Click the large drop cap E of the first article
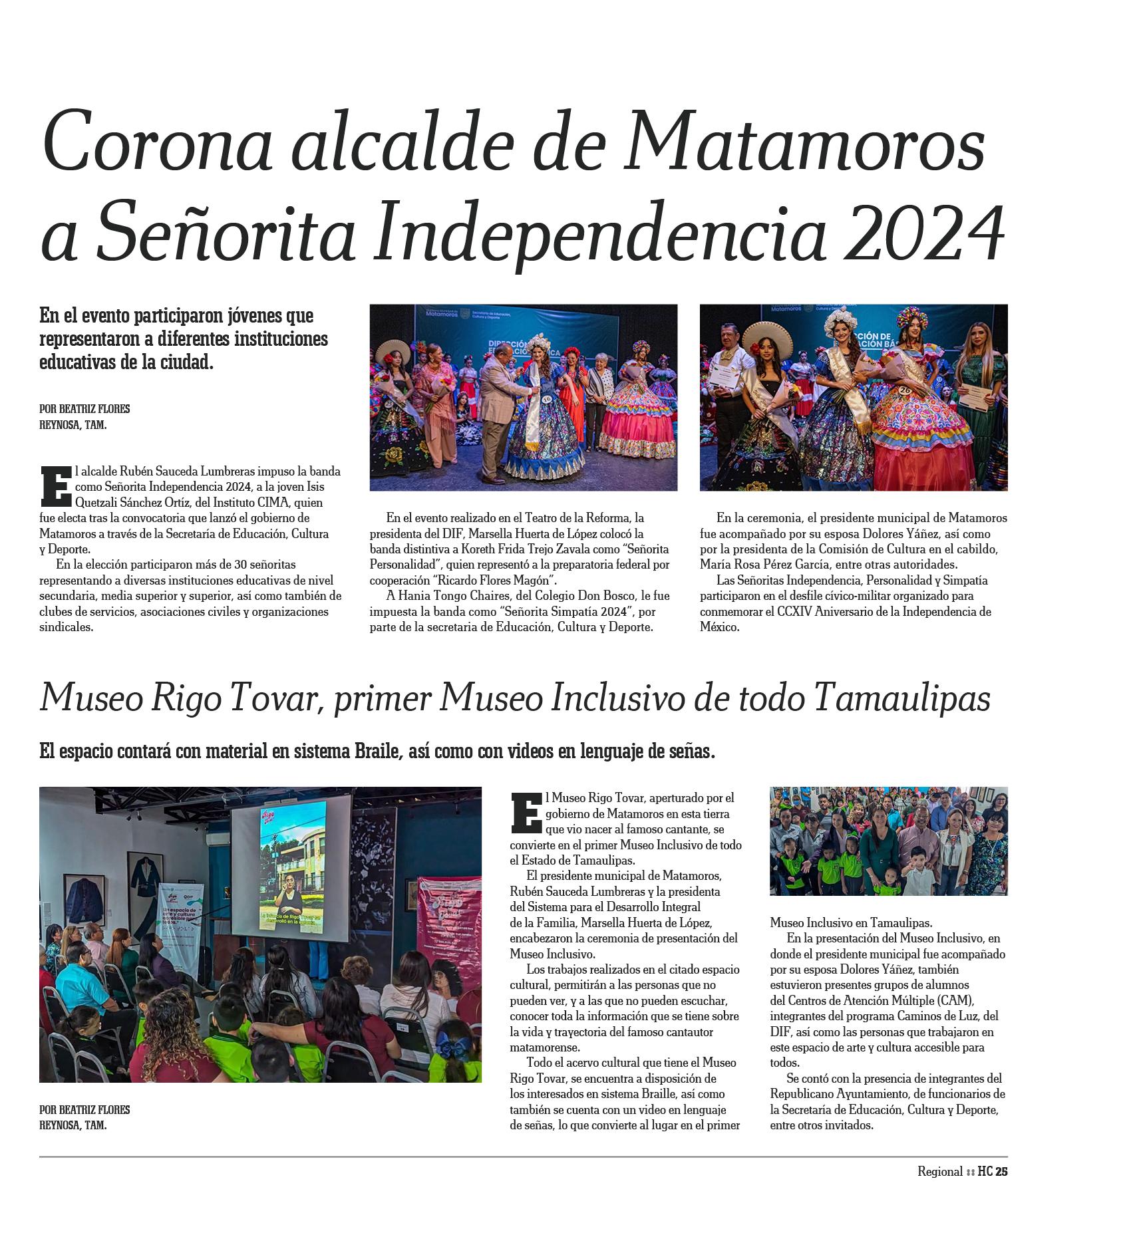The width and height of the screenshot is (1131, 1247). pyautogui.click(x=55, y=485)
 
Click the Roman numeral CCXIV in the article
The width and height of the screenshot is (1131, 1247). pyautogui.click(x=796, y=611)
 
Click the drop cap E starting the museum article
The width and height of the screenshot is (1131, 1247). pyautogui.click(x=526, y=813)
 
